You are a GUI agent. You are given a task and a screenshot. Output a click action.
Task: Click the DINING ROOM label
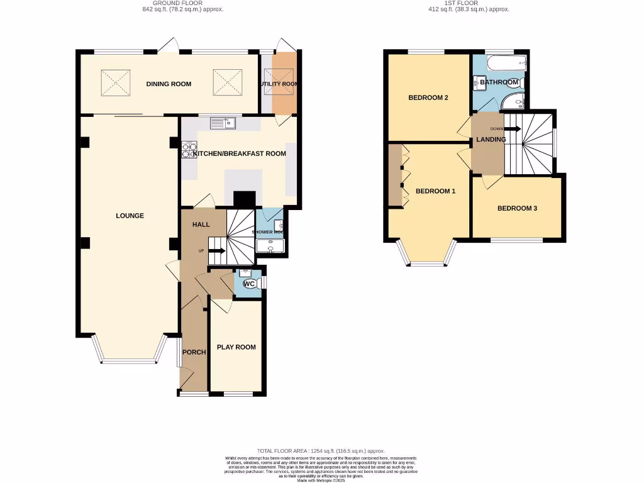[x=169, y=84]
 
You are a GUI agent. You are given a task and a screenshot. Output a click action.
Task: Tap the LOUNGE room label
[x=130, y=216]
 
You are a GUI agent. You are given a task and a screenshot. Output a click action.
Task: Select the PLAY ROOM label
[x=236, y=347]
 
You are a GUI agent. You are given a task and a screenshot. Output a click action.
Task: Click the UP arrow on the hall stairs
[x=216, y=251]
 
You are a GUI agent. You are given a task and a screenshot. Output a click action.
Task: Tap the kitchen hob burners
[x=188, y=150]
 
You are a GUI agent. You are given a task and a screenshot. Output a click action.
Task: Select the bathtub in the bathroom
[x=506, y=62]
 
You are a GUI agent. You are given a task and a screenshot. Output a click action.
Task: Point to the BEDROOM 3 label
[x=517, y=208]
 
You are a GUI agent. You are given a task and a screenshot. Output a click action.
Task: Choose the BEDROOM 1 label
[x=435, y=191]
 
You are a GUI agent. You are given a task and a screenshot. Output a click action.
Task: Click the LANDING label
[x=491, y=139]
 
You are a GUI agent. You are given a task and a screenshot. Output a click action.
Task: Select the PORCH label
[x=194, y=352]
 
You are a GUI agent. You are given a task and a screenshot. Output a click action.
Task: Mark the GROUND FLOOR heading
[x=182, y=3]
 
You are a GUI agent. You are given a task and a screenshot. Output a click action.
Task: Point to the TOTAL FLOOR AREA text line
[x=321, y=451]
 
